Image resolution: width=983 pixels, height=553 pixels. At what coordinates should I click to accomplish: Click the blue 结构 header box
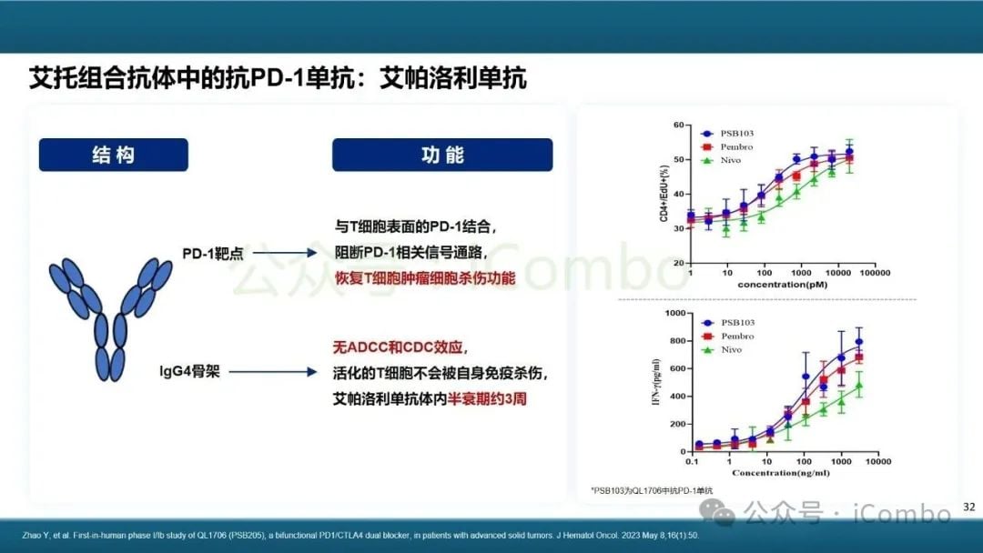113,155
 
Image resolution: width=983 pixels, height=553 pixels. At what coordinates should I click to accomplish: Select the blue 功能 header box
442,155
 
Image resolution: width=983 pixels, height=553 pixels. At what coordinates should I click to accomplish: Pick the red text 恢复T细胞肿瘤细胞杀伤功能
425,277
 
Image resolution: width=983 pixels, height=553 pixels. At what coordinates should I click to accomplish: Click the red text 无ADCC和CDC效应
400,347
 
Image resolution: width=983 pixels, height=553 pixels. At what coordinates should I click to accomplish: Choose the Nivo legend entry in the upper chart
723,160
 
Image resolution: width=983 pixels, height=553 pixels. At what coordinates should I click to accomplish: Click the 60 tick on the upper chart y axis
678,125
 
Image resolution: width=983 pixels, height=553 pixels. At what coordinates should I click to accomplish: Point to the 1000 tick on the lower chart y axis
673,313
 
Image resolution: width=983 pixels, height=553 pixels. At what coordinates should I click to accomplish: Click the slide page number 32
968,507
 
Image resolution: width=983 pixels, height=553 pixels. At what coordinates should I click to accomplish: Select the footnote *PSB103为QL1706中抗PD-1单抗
652,491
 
